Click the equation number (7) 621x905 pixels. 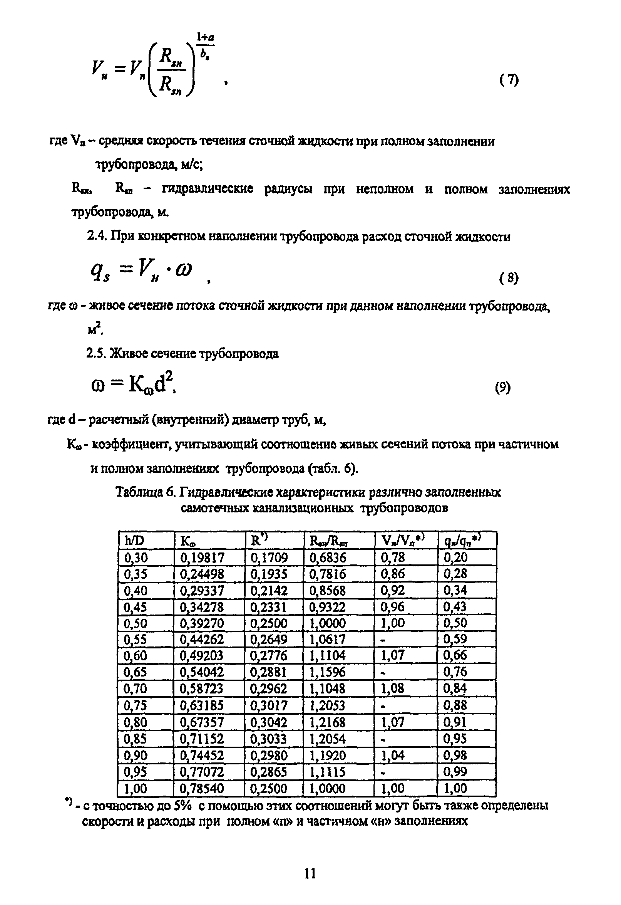(509, 80)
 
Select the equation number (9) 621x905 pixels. (502, 388)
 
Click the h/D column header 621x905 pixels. (134, 541)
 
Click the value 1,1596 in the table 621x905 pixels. (327, 672)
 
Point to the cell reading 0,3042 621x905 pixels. (268, 723)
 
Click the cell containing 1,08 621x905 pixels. (392, 689)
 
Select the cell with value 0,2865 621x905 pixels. (268, 772)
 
